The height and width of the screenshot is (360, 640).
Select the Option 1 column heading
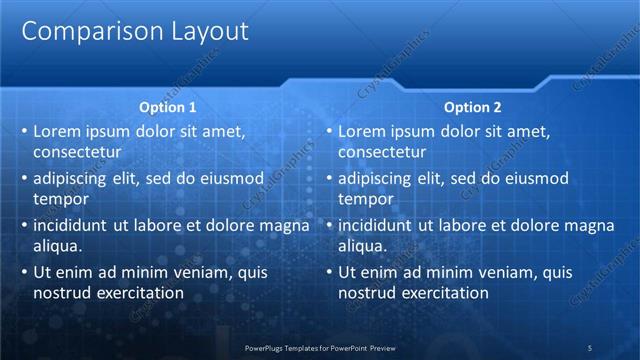coord(166,107)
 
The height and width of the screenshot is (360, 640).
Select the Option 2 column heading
coord(472,107)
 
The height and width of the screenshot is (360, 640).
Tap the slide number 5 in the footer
coord(589,347)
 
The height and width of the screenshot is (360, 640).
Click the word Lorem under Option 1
coord(57,131)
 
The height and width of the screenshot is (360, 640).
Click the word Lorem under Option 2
coord(362,131)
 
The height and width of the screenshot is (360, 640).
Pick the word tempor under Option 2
coord(365,199)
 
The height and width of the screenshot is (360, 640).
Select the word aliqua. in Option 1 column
coord(57,246)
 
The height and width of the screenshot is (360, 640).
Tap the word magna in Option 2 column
coord(586,225)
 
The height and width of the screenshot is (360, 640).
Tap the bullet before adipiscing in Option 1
coord(24,179)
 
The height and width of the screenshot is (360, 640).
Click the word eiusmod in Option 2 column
coord(535,178)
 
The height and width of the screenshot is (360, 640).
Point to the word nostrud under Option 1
coord(61,293)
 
